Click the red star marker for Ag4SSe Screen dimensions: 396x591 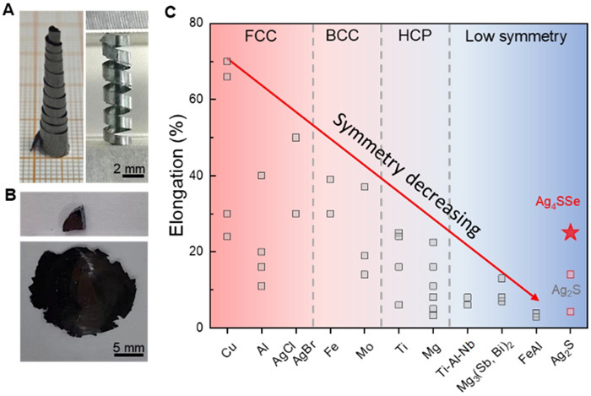click(571, 232)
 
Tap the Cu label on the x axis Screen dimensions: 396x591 click(225, 349)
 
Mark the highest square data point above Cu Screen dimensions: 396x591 click(227, 61)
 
